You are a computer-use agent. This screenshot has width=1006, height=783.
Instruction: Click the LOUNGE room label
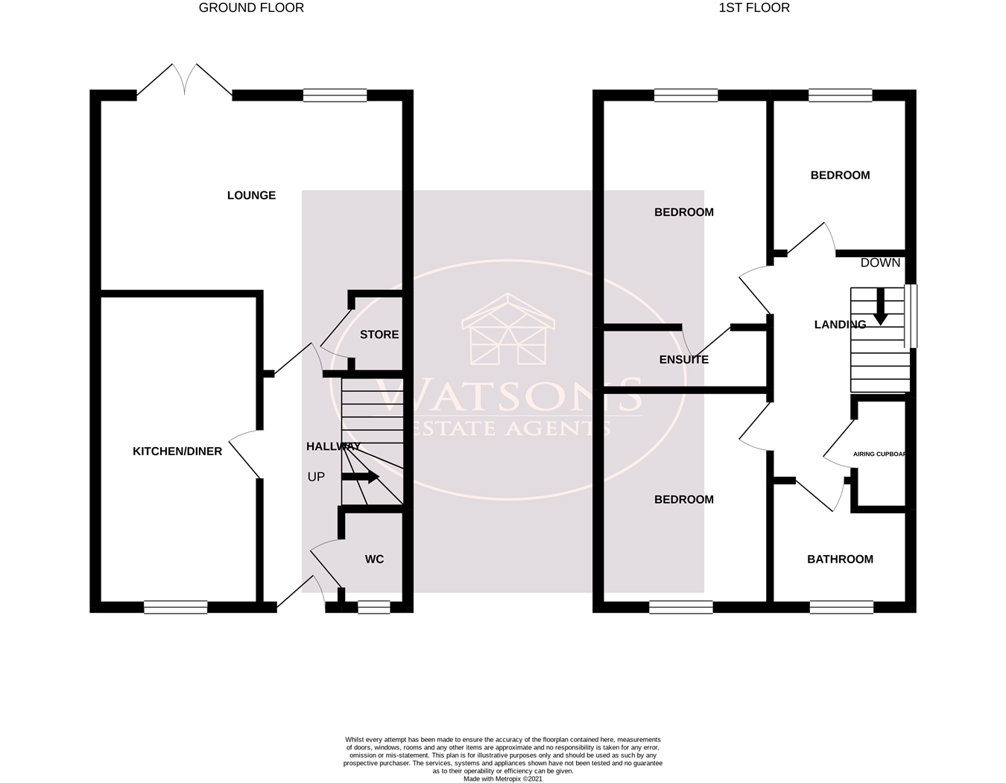click(x=251, y=195)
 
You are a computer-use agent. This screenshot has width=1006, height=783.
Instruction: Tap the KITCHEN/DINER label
click(x=177, y=451)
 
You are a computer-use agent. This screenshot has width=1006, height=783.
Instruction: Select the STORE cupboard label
click(x=379, y=335)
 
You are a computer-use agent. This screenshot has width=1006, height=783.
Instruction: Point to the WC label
click(x=374, y=559)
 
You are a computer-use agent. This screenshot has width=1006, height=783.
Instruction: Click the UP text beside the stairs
click(x=316, y=477)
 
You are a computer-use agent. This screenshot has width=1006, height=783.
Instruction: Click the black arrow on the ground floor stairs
click(x=360, y=477)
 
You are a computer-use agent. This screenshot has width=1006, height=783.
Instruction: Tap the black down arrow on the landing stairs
click(x=880, y=306)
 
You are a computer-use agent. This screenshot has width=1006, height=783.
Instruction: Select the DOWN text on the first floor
click(x=880, y=263)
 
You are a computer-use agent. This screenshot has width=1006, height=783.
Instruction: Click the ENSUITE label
click(x=684, y=360)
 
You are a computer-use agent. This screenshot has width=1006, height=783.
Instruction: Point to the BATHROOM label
click(x=840, y=559)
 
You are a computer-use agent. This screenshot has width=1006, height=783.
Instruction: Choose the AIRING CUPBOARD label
click(x=879, y=454)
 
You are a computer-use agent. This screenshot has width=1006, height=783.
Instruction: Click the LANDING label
click(x=840, y=325)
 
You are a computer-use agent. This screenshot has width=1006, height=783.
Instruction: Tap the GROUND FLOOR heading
click(x=251, y=8)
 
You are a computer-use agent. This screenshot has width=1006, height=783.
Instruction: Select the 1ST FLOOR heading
click(x=754, y=8)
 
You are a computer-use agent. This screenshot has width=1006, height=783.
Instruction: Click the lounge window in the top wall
click(x=335, y=95)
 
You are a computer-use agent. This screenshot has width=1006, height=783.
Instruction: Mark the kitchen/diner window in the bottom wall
click(x=175, y=607)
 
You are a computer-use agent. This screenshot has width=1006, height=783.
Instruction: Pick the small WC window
click(x=374, y=607)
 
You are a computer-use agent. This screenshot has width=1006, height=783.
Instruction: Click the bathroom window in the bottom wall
click(x=841, y=607)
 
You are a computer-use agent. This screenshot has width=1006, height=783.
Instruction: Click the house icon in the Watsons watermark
click(x=508, y=329)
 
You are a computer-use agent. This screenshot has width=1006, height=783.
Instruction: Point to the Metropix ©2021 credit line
click(x=503, y=779)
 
